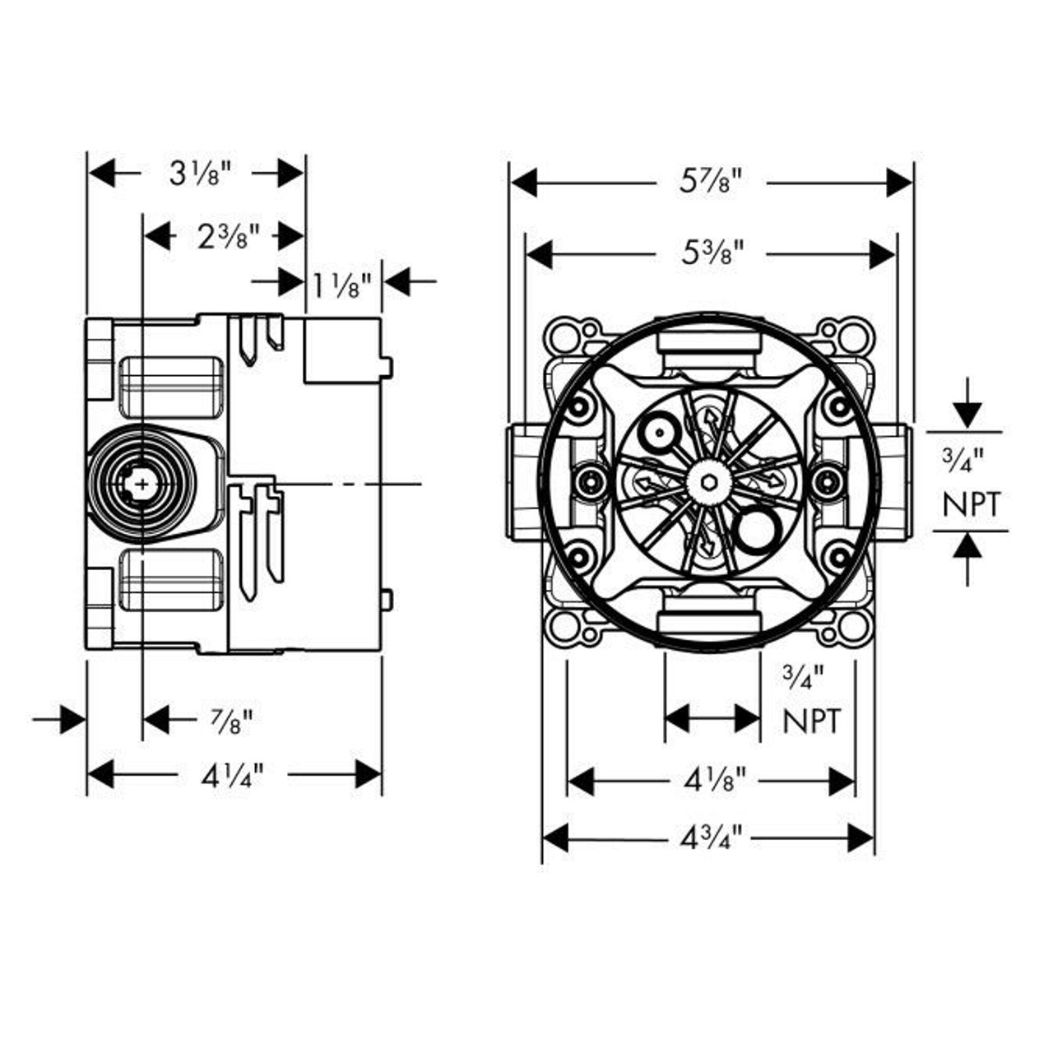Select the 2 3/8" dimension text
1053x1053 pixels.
coord(228,237)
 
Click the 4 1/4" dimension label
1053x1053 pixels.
coord(232,774)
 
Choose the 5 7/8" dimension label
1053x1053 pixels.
coord(711,182)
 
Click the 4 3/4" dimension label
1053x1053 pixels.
coord(712,838)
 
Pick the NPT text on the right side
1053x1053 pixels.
coord(972,504)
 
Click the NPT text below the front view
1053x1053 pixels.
coord(812,721)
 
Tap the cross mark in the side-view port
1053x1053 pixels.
coord(143,484)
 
